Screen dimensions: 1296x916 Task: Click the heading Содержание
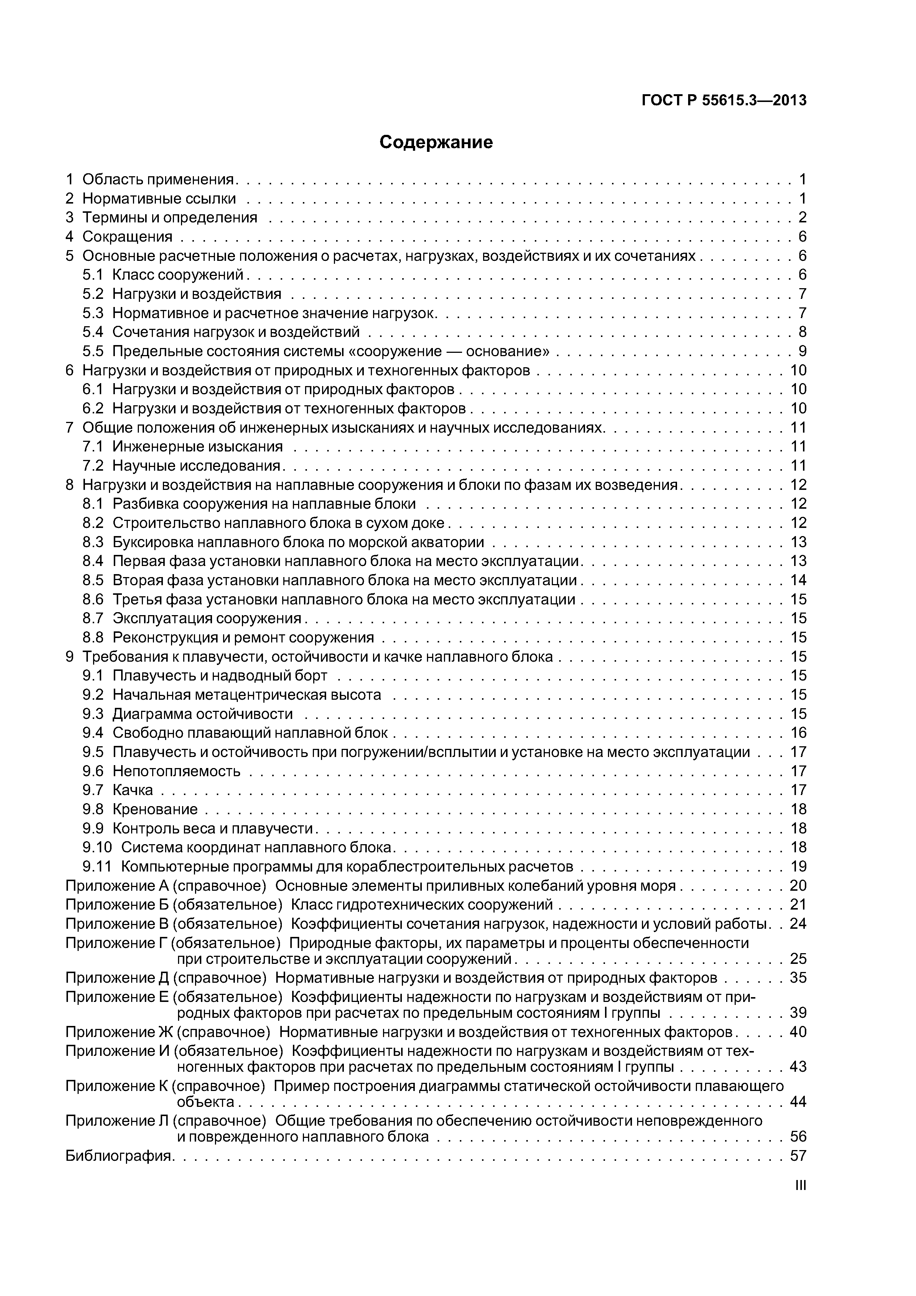436,142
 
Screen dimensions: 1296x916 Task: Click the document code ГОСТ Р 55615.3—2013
724,100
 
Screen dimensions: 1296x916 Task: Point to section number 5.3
93,313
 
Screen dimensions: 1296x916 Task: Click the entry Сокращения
127,236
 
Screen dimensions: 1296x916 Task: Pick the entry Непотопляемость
176,771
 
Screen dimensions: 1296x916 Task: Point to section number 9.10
97,847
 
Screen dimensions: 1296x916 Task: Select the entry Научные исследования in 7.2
196,465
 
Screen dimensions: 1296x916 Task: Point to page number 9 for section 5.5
802,351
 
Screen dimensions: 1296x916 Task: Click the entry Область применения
158,180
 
